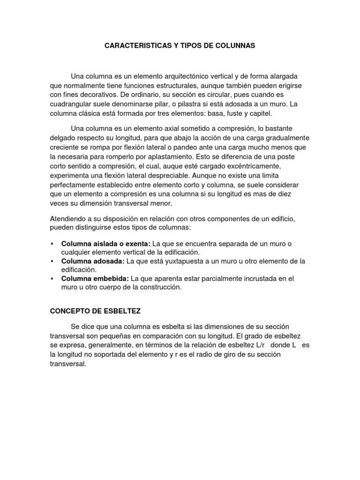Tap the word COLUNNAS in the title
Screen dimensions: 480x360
click(x=236, y=46)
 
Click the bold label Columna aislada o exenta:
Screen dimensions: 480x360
click(x=106, y=244)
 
